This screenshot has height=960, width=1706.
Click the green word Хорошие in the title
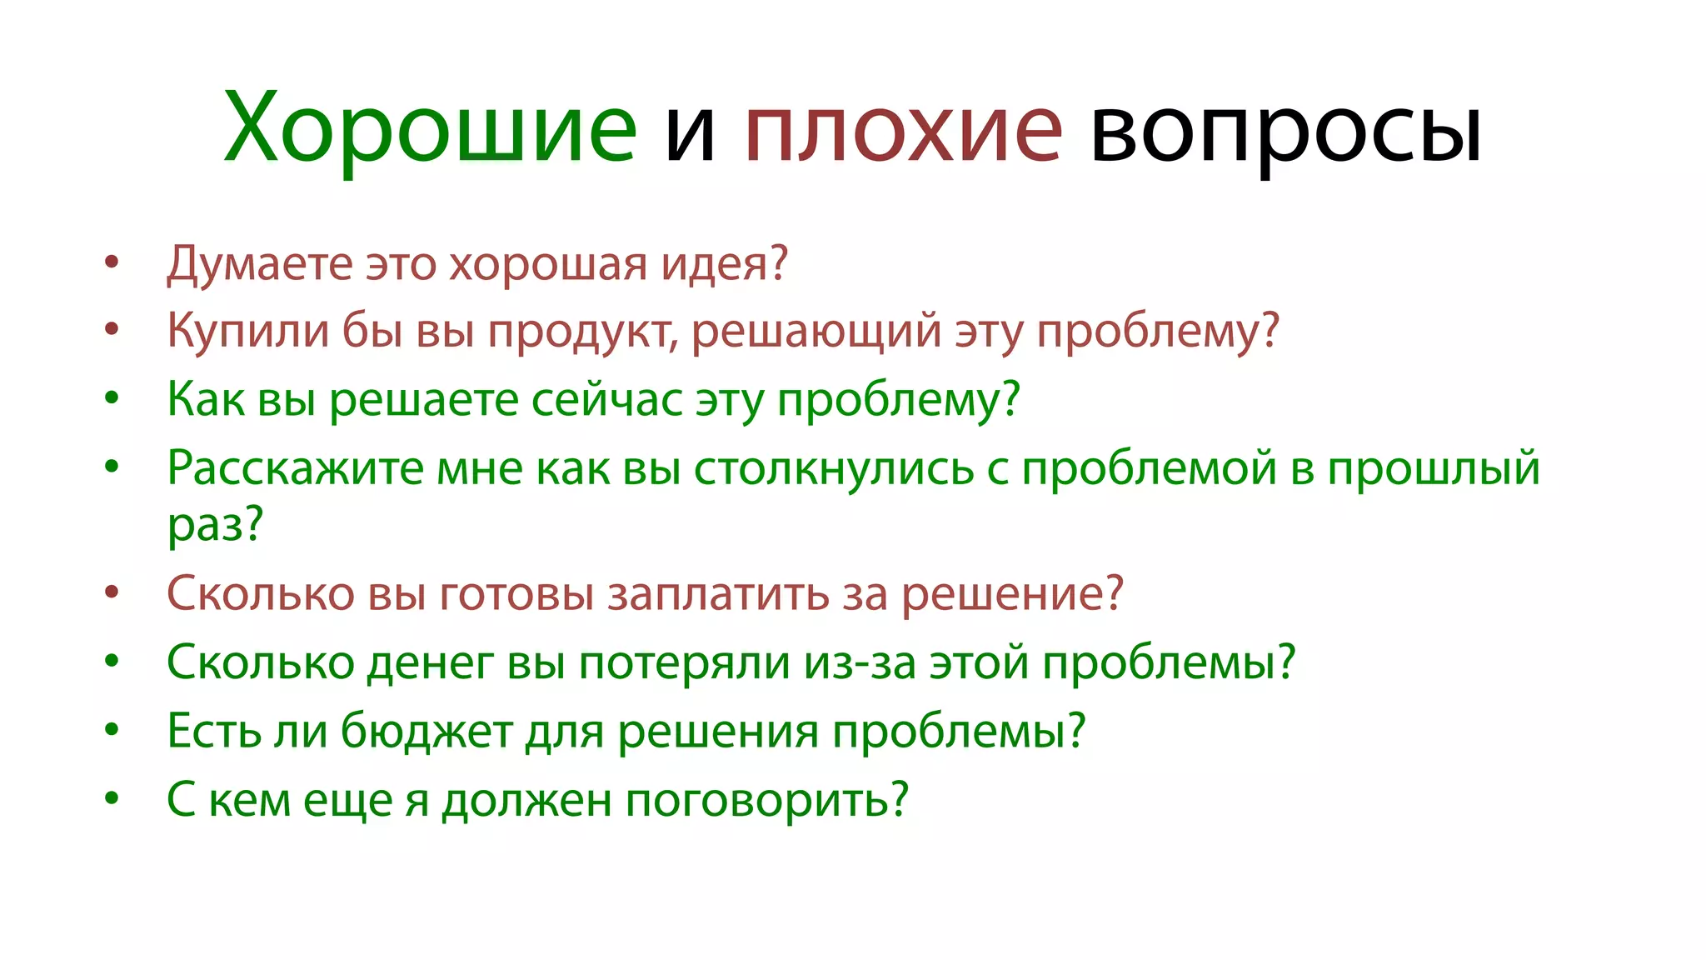430,129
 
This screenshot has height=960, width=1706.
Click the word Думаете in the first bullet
260,264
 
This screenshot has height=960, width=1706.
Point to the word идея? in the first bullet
724,264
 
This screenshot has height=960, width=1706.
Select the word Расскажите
296,468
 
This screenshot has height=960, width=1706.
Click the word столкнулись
834,468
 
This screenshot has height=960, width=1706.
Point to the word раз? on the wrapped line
215,525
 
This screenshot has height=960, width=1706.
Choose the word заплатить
717,594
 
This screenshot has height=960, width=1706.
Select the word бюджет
426,732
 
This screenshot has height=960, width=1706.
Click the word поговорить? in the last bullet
766,800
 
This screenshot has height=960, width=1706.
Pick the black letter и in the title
690,133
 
